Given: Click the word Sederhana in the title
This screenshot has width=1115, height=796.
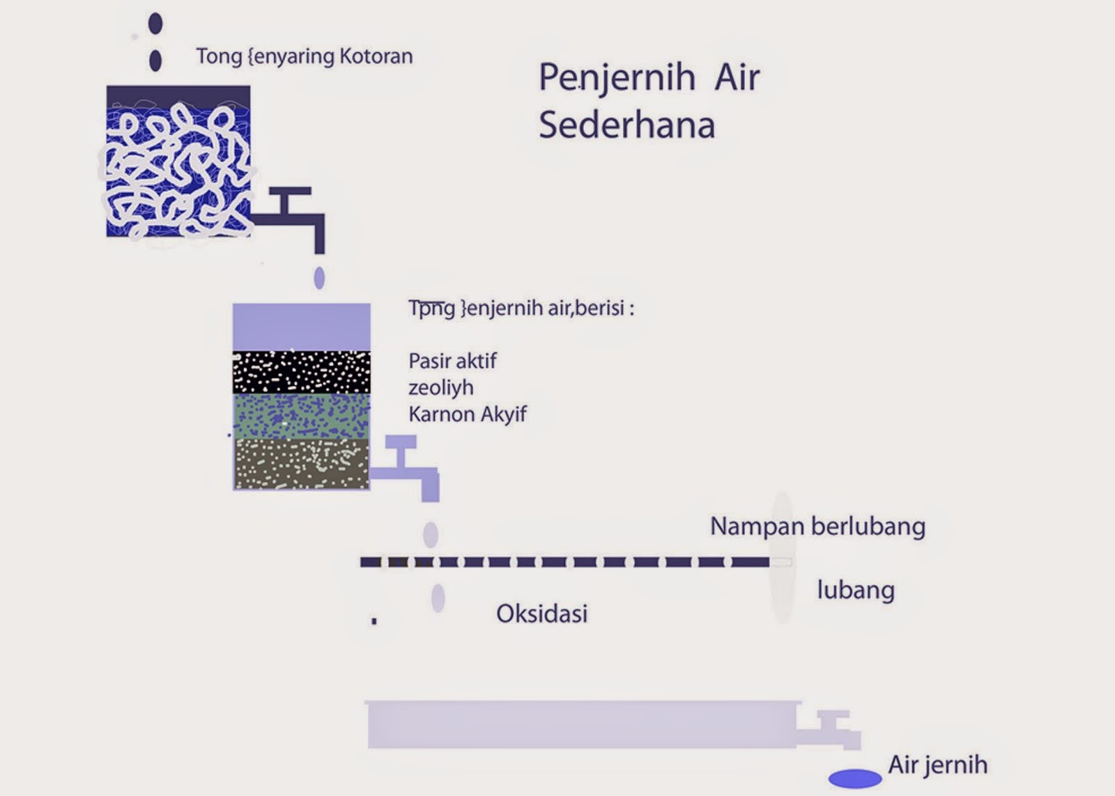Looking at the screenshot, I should [626, 125].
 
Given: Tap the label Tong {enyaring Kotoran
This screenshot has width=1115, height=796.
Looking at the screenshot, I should [304, 56].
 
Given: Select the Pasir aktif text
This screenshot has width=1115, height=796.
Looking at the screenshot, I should [452, 361].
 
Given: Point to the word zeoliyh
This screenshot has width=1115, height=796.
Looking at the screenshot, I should [440, 387].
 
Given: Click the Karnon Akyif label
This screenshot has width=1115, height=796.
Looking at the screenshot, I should [467, 414].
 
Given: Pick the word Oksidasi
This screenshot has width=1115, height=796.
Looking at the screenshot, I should [541, 614].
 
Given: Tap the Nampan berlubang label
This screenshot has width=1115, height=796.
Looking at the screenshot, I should [817, 526].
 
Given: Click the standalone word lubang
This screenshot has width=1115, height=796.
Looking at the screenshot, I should [856, 590].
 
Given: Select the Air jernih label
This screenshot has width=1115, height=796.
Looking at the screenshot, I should [937, 765].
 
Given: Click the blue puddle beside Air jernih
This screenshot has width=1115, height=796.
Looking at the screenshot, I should [855, 778].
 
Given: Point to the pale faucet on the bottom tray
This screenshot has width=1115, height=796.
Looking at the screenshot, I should [833, 731].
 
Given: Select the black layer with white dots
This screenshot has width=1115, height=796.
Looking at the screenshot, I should [301, 373].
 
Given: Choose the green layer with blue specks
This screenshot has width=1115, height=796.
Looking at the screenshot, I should [301, 416].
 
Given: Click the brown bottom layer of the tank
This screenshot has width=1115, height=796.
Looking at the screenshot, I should [301, 464].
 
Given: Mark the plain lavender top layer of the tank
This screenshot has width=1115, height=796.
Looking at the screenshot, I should [301, 327].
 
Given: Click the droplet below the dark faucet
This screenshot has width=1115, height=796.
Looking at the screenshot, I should [319, 278].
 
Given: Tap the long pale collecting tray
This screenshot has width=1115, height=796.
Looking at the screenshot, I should [581, 724].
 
